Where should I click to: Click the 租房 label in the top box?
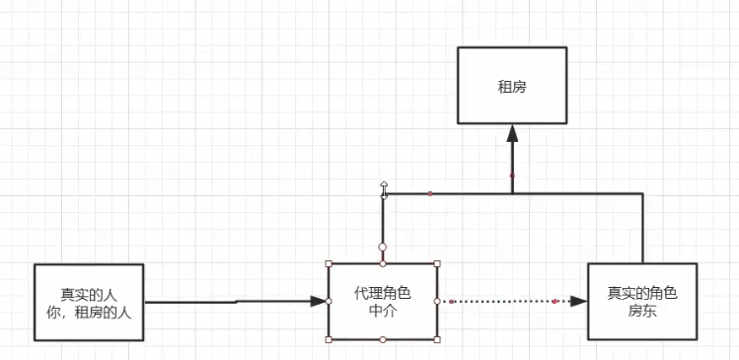pyautogui.click(x=512, y=86)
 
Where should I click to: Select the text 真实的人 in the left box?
pyautogui.click(x=88, y=293)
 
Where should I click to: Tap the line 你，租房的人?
pyautogui.click(x=88, y=311)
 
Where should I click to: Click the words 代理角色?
pyautogui.click(x=383, y=293)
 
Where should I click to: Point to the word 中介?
pyautogui.click(x=383, y=311)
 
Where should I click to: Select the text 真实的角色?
pyautogui.click(x=641, y=293)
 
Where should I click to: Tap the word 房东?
pyautogui.click(x=641, y=311)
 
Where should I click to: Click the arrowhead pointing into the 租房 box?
pyautogui.click(x=512, y=134)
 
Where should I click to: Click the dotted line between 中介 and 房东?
pyautogui.click(x=503, y=301)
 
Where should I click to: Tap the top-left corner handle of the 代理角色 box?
pyautogui.click(x=328, y=263)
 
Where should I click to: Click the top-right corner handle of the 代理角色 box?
pyautogui.click(x=437, y=263)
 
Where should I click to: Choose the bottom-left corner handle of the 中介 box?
pyautogui.click(x=328, y=338)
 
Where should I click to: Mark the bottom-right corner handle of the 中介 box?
pyautogui.click(x=437, y=338)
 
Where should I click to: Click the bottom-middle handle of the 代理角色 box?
pyautogui.click(x=383, y=338)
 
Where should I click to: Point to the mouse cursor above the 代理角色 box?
pyautogui.click(x=384, y=187)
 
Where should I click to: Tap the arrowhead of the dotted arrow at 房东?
pyautogui.click(x=579, y=301)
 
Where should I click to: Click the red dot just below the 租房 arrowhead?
pyautogui.click(x=512, y=176)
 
